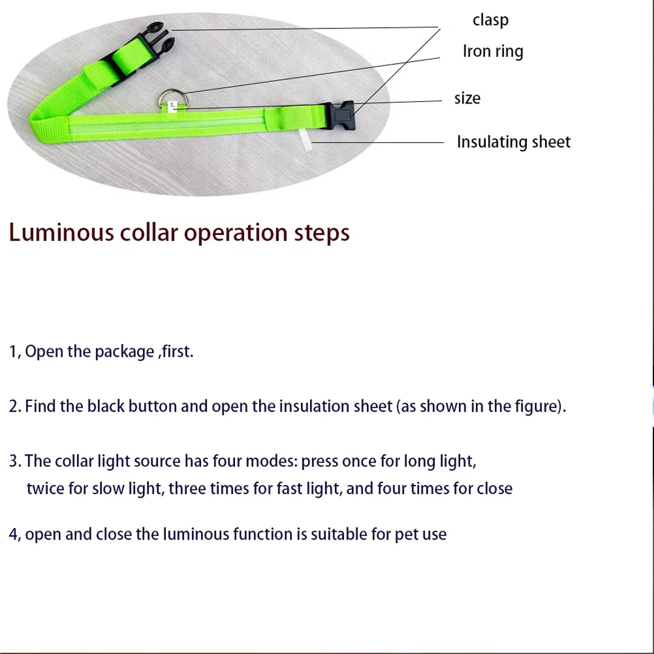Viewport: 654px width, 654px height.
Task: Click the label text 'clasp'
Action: [x=490, y=20]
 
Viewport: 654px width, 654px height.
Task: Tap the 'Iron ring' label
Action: [x=493, y=51]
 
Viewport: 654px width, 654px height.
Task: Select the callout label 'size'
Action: [x=467, y=98]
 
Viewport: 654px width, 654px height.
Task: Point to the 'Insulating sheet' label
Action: [x=514, y=142]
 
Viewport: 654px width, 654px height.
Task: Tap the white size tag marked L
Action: [x=173, y=105]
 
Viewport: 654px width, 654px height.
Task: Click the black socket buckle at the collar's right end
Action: [x=340, y=115]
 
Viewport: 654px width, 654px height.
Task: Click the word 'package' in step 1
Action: [x=124, y=351]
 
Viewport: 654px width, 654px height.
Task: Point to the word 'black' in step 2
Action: [x=105, y=406]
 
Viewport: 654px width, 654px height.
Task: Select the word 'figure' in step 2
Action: [x=535, y=406]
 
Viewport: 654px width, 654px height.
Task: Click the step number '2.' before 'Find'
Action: [x=15, y=406]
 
